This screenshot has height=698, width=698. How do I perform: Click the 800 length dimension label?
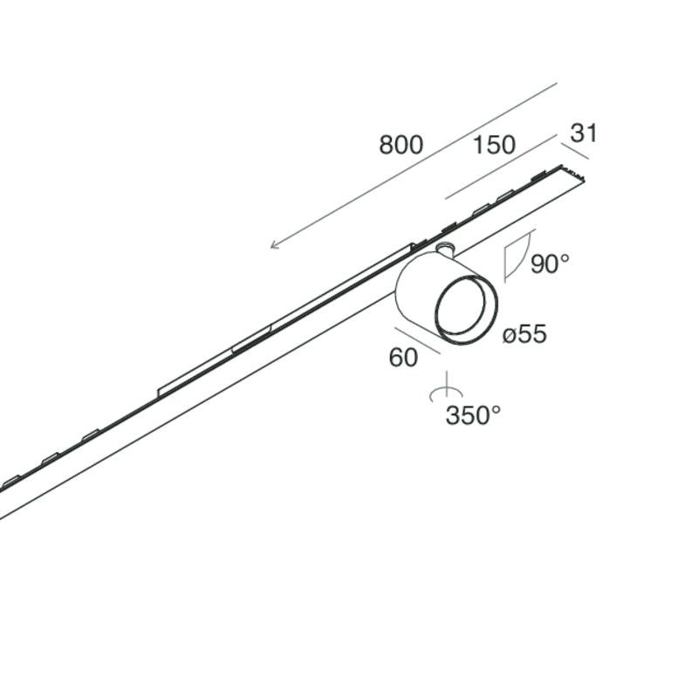pos(400,145)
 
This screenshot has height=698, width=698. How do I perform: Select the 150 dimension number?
pos(494,145)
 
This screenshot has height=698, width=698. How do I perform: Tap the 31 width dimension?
pos(583,133)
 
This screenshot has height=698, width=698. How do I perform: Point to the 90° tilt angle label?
pos(550,263)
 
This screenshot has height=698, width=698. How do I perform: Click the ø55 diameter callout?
pos(525,333)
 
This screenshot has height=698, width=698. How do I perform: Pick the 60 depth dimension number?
pos(403,358)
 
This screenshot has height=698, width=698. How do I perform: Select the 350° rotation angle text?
pos(473,415)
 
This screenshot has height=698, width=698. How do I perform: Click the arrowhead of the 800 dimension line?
pos(274,245)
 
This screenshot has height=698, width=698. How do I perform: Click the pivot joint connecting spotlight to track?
pos(445,250)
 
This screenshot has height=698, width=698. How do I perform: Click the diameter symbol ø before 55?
pos(510,334)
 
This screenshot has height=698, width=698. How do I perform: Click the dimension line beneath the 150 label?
pos(501,167)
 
